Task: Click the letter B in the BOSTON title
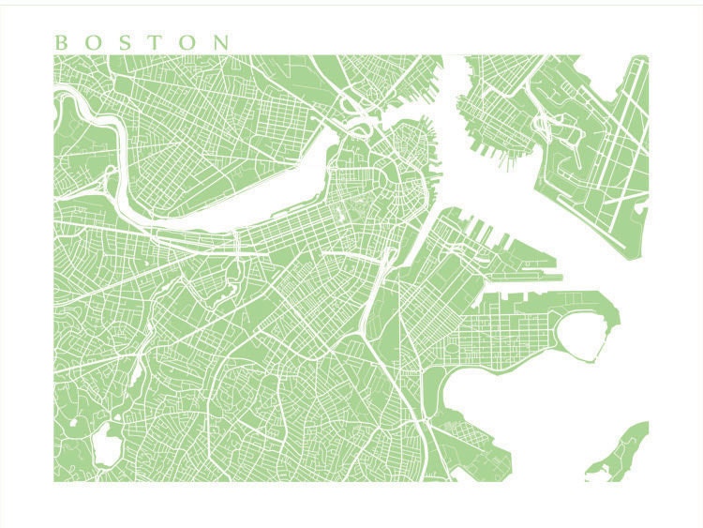point(62,42)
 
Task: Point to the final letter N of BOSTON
point(220,42)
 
